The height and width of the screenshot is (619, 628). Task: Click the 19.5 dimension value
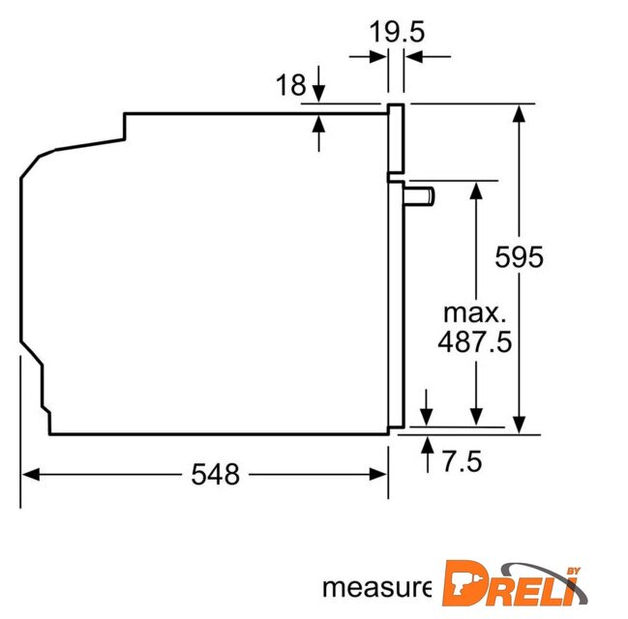pos(397,32)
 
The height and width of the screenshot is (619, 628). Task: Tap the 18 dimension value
pos(290,85)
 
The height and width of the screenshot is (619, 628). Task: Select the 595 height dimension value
pos(519,256)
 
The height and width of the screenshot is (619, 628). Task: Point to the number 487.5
pos(474,342)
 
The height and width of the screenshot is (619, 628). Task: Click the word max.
pos(474,313)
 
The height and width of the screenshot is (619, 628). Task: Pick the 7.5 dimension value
pos(462,461)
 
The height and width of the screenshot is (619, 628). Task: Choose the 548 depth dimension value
pos(216,475)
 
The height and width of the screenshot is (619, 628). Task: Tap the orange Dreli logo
pos(515,583)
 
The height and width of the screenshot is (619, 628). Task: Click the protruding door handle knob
pos(419,196)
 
